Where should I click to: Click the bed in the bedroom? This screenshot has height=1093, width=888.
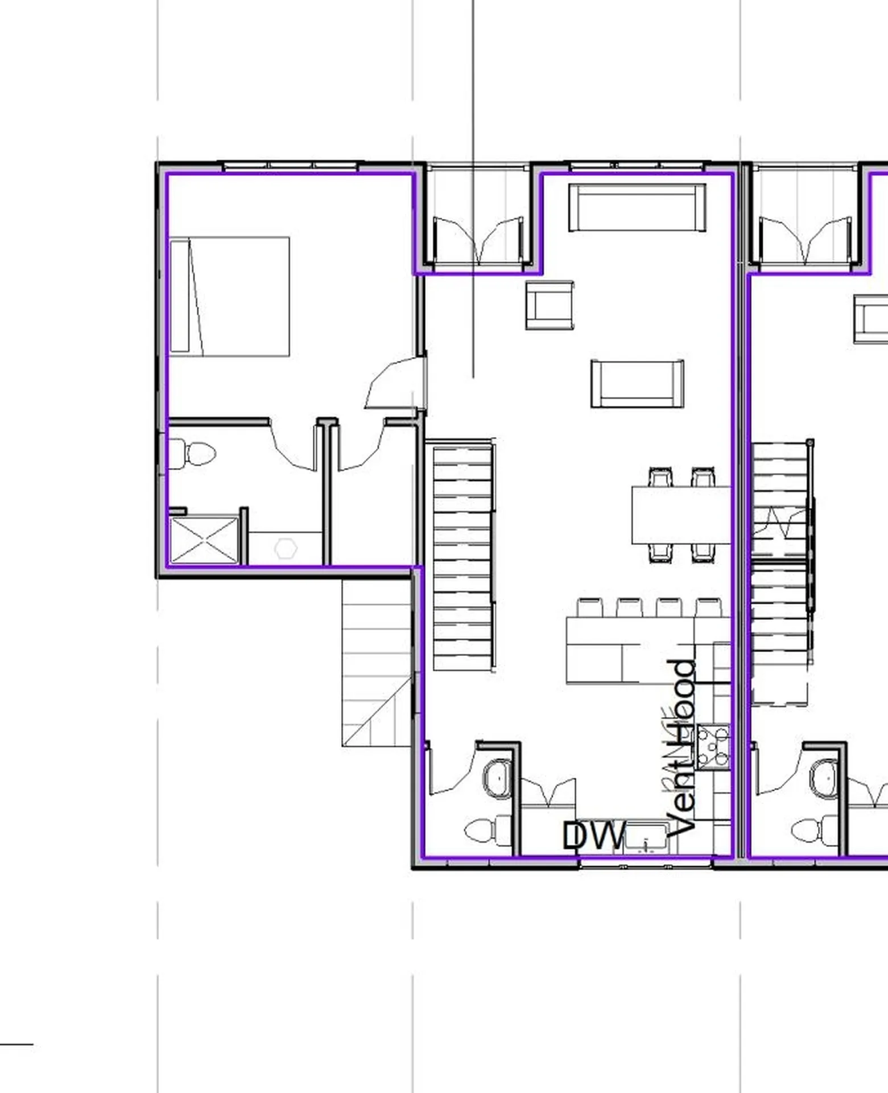click(x=239, y=297)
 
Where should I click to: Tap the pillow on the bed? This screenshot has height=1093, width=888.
click(x=180, y=296)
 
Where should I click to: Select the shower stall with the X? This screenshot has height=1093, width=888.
click(x=204, y=540)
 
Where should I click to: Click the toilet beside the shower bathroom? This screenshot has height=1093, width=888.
click(x=193, y=454)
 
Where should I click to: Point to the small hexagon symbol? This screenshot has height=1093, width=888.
click(x=286, y=548)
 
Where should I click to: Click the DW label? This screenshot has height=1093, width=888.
click(x=593, y=836)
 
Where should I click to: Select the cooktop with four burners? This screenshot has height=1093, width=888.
click(x=713, y=746)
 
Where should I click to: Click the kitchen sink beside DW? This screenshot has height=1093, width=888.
click(x=646, y=838)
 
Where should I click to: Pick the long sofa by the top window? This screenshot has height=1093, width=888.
click(x=637, y=207)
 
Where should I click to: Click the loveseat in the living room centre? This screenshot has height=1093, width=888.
click(x=637, y=384)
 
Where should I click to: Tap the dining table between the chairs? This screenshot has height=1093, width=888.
click(x=681, y=515)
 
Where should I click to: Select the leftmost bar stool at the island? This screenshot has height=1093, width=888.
click(x=589, y=607)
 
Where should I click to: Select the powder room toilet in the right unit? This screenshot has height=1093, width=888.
click(x=813, y=831)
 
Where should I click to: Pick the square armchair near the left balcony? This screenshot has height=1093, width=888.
click(x=550, y=305)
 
